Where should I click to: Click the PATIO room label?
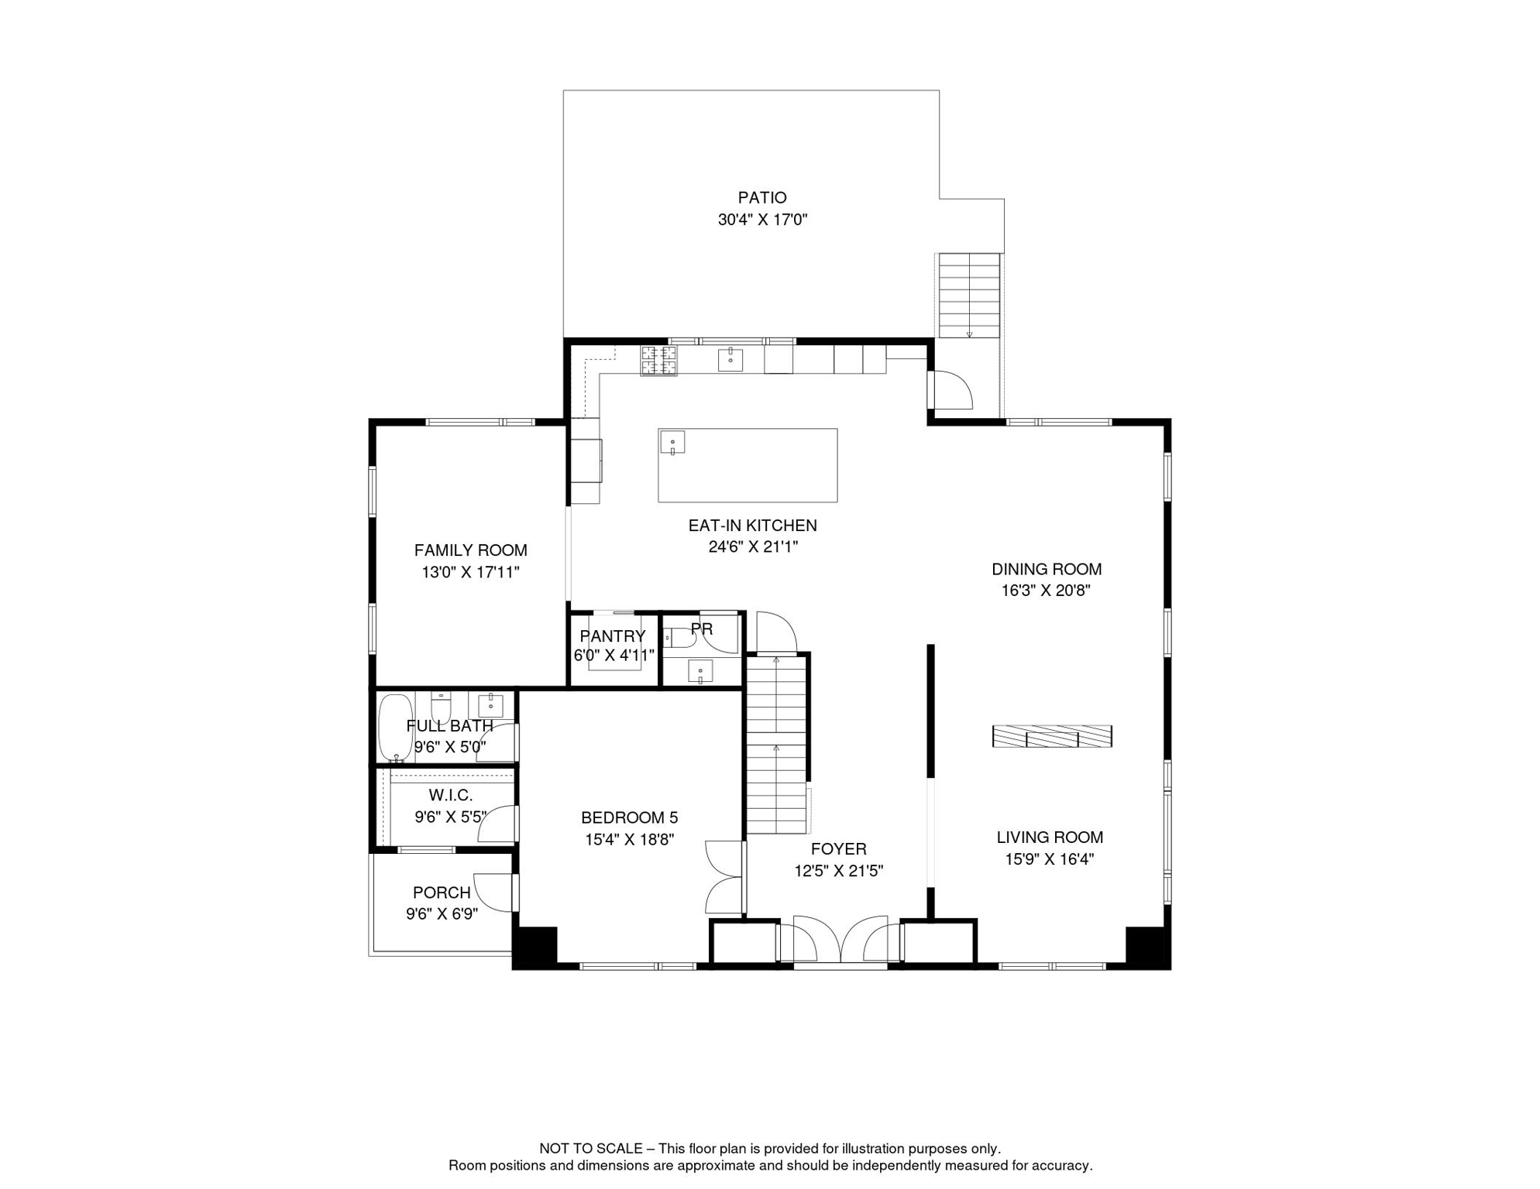pos(762,198)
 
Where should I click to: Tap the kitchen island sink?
pos(672,443)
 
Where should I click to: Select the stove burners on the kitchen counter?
pos(658,361)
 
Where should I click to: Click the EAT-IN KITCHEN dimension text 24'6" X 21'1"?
pos(753,547)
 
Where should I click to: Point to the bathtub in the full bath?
pos(395,728)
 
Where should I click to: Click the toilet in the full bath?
pos(441,706)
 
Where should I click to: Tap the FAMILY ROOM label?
pos(470,550)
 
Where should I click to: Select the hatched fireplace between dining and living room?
pos(1052,736)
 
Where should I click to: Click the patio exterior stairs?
pos(969,296)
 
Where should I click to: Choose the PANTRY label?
pos(613,636)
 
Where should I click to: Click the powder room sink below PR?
pos(700,671)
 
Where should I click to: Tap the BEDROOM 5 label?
pos(629,817)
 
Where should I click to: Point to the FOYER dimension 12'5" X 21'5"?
pos(838,871)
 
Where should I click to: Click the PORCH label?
pos(442,893)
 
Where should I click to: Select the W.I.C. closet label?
pos(450,795)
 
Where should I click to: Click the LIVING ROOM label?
pos(1050,837)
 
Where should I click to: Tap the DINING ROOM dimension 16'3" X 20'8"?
pos(1046,591)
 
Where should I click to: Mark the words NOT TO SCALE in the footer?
pos(591,1149)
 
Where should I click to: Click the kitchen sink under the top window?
pos(730,360)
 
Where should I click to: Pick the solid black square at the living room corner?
pos(1146,947)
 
